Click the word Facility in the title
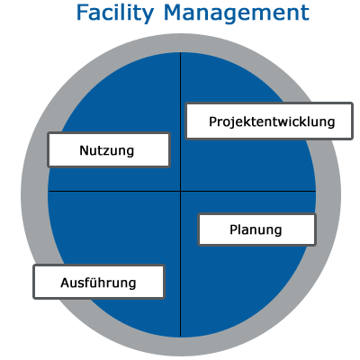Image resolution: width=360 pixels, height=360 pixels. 115,13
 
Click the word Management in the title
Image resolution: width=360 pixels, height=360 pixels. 237,13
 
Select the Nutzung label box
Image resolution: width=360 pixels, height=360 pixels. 109,149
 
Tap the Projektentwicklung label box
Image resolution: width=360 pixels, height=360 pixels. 269,121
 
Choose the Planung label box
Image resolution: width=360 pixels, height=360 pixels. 256,229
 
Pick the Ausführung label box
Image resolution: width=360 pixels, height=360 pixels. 99,282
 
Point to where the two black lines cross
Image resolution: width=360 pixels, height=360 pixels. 180,191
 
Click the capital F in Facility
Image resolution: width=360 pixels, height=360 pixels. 84,13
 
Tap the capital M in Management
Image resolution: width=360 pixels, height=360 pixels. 175,13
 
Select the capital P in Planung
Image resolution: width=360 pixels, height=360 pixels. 233,229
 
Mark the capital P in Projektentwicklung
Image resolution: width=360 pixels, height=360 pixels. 212,121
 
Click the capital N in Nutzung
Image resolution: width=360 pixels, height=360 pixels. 84,150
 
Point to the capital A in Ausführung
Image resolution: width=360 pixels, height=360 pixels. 66,283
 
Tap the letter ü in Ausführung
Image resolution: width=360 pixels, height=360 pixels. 92,283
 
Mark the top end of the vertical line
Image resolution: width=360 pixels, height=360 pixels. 180,52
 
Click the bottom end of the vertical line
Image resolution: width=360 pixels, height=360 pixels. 180,337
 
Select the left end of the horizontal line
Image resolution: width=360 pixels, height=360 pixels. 49,191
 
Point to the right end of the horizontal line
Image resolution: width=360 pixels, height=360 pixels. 316,191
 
